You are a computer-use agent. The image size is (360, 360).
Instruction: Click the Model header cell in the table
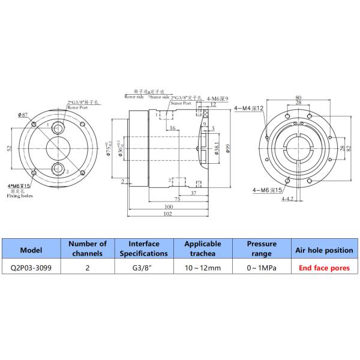(31, 249)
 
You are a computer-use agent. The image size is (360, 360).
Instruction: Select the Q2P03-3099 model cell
(31, 269)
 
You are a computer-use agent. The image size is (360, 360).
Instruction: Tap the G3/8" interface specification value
(144, 269)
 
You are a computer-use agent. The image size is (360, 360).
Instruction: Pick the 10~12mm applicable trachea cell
(203, 269)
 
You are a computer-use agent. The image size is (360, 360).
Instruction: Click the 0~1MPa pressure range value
(261, 269)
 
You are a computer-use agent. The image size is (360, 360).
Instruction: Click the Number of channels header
(87, 249)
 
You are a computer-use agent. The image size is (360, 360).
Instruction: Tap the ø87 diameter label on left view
(23, 113)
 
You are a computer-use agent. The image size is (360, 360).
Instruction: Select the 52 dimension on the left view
(9, 148)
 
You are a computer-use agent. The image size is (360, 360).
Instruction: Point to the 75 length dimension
(177, 199)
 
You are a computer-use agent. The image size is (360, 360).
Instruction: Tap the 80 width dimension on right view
(298, 97)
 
